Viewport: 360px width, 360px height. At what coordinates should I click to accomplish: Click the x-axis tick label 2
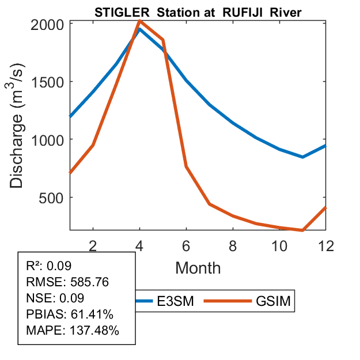pyautogui.click(x=93, y=245)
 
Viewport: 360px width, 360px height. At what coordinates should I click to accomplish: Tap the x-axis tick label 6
pyautogui.click(x=186, y=245)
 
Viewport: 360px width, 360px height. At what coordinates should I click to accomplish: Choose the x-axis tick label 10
pyautogui.click(x=279, y=245)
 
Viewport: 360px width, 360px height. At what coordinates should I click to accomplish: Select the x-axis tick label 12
pyautogui.click(x=325, y=245)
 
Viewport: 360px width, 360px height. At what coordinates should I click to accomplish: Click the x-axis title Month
pyautogui.click(x=198, y=267)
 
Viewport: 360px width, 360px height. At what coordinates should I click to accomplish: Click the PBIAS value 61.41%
pyautogui.click(x=89, y=314)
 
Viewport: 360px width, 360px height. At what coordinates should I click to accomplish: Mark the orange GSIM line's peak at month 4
pyautogui.click(x=140, y=21)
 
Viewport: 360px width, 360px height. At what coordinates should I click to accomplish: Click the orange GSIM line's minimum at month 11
pyautogui.click(x=302, y=230)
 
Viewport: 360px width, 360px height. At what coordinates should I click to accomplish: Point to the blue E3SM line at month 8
pyautogui.click(x=233, y=123)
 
